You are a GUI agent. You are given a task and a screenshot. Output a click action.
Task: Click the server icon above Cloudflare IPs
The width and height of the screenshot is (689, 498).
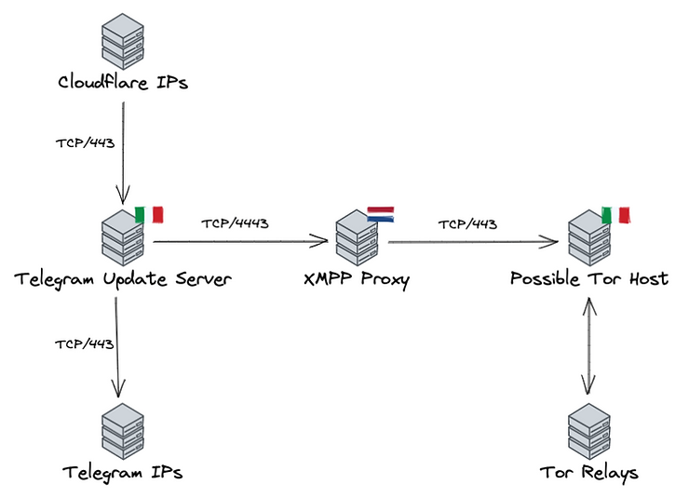coord(123,41)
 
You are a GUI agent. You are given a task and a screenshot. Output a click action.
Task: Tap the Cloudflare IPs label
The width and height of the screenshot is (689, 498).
coord(123,82)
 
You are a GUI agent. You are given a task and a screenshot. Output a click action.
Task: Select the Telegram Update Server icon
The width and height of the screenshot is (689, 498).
coord(123,237)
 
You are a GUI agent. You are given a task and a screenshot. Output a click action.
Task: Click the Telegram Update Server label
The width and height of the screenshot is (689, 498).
coord(123,279)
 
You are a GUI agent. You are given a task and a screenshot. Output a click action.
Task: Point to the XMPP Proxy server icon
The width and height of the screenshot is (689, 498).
coord(357,237)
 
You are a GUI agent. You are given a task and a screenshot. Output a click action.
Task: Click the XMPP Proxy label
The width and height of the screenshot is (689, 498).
coord(357,279)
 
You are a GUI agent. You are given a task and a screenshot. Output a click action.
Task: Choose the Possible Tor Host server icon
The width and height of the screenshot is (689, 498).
coord(589,237)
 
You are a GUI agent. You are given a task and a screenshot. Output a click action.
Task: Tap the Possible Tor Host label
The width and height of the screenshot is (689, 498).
coord(589,278)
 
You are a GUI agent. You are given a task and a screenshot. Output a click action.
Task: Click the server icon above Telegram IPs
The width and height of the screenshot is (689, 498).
coord(123,432)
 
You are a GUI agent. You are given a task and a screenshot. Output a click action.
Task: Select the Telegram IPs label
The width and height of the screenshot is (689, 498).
coord(123,473)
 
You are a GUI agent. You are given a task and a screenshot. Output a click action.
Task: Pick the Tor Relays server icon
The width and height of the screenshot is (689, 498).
coord(589,432)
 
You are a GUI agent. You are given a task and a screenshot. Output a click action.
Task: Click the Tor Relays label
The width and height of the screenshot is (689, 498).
coord(589,473)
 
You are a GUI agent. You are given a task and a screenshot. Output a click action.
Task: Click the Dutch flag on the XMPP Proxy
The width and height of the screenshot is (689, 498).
coord(381,214)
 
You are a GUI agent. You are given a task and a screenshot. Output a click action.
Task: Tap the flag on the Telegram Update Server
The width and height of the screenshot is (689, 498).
coord(149,215)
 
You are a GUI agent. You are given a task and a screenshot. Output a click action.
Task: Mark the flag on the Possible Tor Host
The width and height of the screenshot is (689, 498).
coord(615,215)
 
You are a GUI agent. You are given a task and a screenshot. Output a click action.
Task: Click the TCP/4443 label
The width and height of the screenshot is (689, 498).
coord(235,223)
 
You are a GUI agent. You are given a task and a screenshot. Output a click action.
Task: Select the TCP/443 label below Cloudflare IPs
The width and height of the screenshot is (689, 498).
coord(86,143)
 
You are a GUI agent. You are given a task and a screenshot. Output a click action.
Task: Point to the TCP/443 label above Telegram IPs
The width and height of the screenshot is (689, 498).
coord(85,343)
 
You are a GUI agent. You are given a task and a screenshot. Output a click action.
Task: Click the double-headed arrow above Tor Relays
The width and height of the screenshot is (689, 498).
coord(588,345)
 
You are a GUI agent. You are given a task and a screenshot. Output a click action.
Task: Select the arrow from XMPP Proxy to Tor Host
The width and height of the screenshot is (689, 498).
coord(473,241)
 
